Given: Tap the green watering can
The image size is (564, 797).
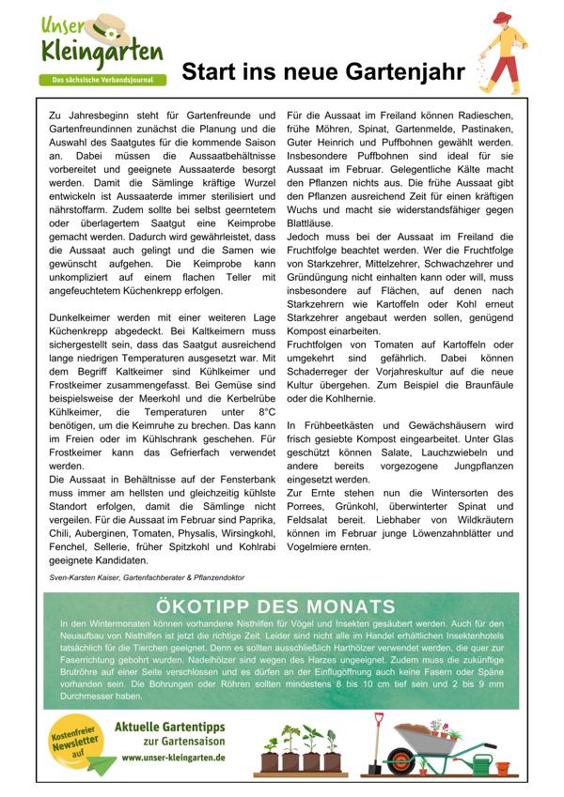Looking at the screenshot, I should [x=487, y=761].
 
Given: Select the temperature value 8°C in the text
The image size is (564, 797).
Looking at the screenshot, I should [x=265, y=411].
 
